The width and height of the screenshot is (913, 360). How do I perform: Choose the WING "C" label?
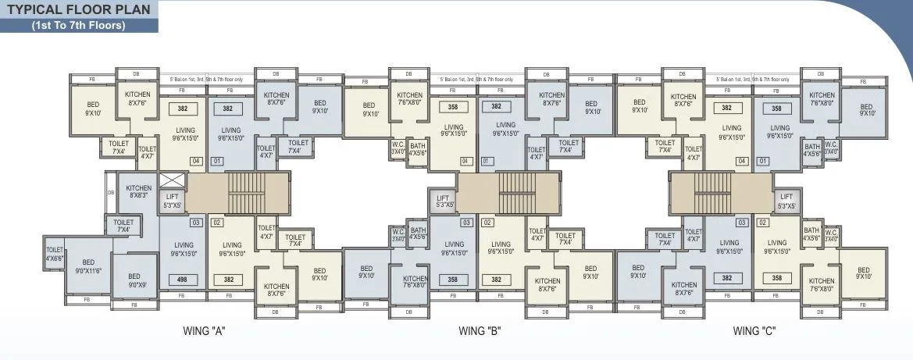[x=754, y=330]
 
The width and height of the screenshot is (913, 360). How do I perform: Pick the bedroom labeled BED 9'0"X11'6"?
[x=87, y=266]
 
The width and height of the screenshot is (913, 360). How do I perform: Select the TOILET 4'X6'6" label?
[x=55, y=254]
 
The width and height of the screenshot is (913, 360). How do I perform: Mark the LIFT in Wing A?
[x=172, y=202]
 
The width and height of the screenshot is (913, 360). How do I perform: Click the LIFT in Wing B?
[x=443, y=202]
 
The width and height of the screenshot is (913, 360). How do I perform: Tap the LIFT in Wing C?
[x=786, y=201]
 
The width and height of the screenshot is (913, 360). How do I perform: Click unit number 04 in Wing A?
[x=195, y=162]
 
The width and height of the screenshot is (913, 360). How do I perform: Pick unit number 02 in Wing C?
[x=762, y=223]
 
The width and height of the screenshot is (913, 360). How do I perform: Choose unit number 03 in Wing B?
[x=466, y=223]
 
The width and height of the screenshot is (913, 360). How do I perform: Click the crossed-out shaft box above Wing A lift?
[x=171, y=180]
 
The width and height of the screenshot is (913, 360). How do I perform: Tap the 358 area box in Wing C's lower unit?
[x=776, y=278]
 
